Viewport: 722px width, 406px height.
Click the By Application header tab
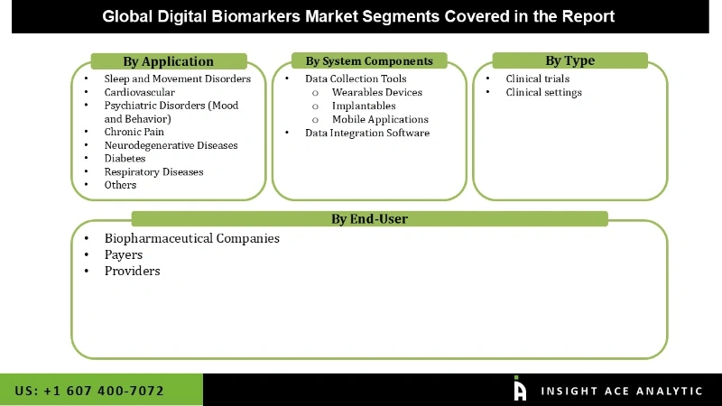point(168,61)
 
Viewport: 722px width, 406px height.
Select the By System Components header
point(369,61)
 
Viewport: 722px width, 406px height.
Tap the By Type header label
point(569,61)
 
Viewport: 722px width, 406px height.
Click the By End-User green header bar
point(369,218)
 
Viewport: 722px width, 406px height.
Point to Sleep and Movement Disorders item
point(177,79)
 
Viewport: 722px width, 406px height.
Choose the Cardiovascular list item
point(139,92)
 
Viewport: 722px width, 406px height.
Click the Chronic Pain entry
point(134,132)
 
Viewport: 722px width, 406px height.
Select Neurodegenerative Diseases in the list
point(171,145)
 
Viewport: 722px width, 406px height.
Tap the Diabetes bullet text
point(125,158)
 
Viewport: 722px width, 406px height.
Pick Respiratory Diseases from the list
point(153,171)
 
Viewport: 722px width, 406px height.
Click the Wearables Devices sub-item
point(376,92)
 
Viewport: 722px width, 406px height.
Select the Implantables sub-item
point(364,106)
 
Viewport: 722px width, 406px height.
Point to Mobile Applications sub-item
point(380,119)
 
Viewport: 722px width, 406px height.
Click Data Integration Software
point(366,133)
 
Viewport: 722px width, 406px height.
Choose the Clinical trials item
point(538,79)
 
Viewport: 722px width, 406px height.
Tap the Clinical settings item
point(543,92)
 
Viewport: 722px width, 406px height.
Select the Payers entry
point(123,255)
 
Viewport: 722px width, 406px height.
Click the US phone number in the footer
point(89,391)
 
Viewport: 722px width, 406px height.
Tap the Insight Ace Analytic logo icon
point(520,389)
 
